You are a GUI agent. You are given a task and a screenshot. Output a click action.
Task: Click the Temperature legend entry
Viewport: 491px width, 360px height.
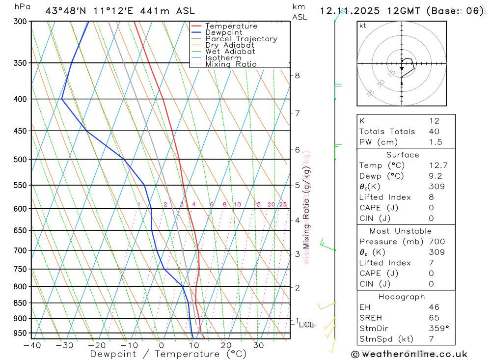(x=231, y=26)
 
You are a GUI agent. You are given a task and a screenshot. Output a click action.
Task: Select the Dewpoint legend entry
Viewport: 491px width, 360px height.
(x=224, y=32)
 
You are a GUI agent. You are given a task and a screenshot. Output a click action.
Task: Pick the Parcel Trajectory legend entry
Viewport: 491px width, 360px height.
(x=241, y=39)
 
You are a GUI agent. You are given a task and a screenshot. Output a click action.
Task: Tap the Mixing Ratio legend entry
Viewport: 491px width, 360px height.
(x=231, y=64)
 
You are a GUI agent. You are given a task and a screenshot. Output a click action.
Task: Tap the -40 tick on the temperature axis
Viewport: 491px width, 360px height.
(x=32, y=345)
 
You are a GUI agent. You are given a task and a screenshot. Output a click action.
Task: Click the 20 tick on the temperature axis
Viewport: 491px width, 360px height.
(x=226, y=345)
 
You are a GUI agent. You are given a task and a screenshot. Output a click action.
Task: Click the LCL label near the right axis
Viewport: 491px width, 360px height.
(x=306, y=325)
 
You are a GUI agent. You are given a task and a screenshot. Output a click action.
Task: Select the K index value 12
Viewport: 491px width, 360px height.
(x=434, y=121)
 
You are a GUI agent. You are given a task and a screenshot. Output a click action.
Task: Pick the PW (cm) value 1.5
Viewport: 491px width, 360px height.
(x=436, y=142)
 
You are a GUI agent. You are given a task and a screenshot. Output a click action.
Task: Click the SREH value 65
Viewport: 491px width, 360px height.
(x=434, y=318)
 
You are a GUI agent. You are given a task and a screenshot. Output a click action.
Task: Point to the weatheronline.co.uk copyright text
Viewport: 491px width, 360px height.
(x=409, y=354)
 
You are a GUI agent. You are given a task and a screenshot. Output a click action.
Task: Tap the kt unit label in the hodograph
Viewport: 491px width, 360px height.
(x=363, y=26)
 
